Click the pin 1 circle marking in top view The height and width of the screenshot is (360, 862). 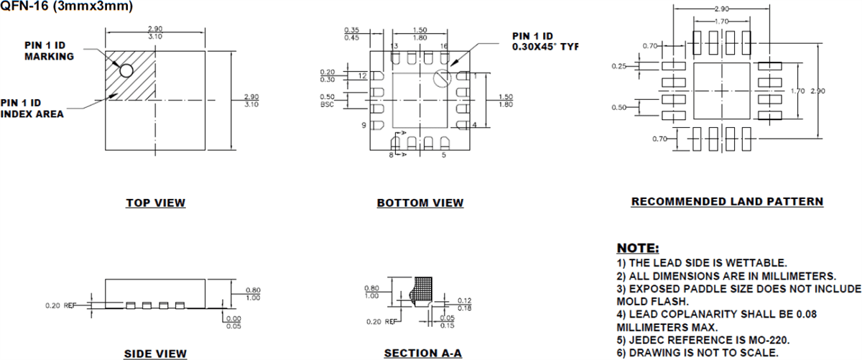[126, 70]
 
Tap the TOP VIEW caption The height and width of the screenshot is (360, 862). [156, 203]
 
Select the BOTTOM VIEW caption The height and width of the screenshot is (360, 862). [420, 203]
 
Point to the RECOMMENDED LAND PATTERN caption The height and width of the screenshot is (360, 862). [727, 202]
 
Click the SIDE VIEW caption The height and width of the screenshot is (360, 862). [156, 354]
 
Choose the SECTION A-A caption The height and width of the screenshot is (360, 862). [422, 354]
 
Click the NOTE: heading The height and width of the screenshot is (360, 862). [638, 248]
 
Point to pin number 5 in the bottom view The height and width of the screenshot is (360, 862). [444, 154]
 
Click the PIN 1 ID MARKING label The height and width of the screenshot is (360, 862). [50, 51]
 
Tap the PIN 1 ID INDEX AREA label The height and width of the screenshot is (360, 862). [42, 109]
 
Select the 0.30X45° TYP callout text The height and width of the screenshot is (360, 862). [544, 47]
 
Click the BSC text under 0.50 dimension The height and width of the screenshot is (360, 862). [328, 104]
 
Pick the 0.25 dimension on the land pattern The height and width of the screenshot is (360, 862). [619, 66]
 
